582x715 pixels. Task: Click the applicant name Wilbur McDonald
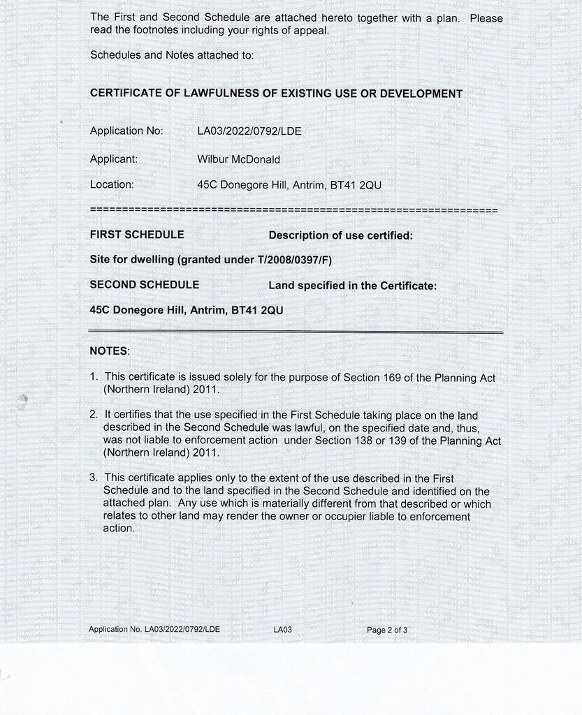coord(238,159)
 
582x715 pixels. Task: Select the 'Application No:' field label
coord(126,131)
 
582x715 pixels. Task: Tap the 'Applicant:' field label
coord(114,159)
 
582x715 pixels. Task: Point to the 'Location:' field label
coord(112,184)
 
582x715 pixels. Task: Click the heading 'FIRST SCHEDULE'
coord(137,235)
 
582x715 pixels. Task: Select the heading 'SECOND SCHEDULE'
coord(145,284)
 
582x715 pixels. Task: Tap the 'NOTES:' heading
coord(110,351)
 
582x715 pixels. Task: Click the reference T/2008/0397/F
coord(296,260)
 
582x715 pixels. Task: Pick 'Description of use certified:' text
coord(340,235)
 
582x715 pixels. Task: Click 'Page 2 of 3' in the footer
coord(387,630)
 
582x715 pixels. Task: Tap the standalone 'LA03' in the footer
coord(282,630)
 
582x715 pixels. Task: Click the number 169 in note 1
coord(391,377)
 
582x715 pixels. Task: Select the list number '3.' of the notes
coord(94,478)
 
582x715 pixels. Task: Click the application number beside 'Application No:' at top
coord(249,131)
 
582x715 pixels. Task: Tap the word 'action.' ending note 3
coord(119,529)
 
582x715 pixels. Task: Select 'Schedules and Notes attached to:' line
coord(172,55)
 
